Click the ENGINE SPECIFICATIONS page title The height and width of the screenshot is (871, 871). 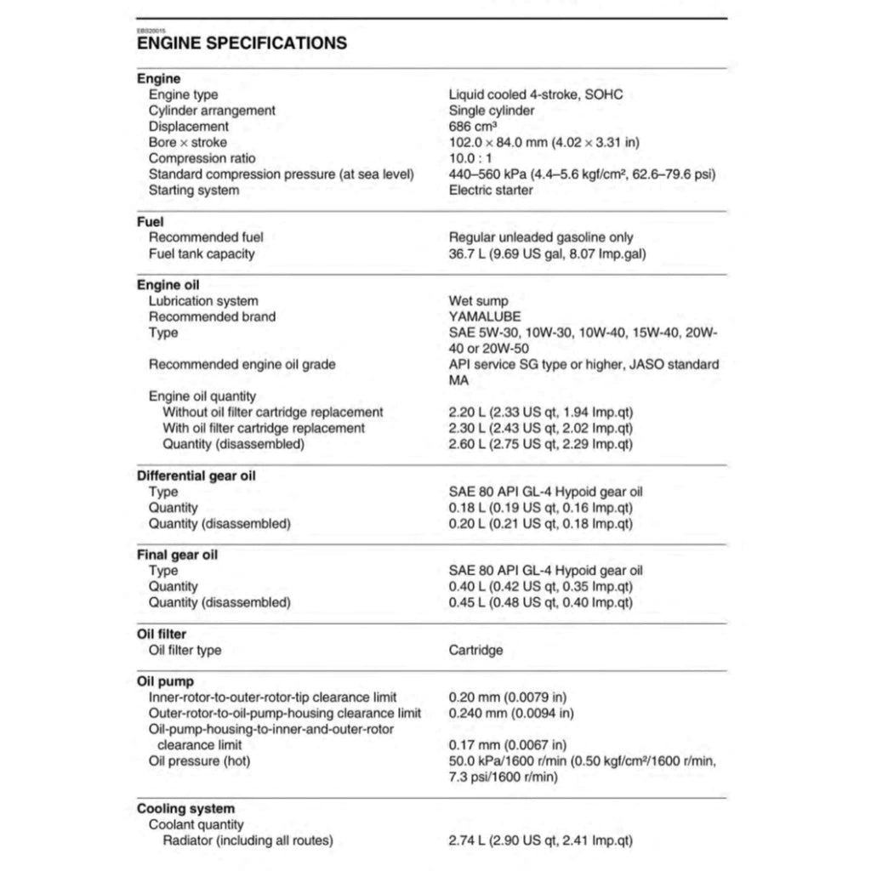[x=242, y=43]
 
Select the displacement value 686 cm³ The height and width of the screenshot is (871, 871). [x=473, y=127]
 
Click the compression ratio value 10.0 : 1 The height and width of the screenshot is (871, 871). [x=473, y=158]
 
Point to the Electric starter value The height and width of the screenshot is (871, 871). [x=491, y=190]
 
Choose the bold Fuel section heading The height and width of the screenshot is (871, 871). [x=150, y=222]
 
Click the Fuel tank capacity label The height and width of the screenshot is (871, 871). [x=202, y=253]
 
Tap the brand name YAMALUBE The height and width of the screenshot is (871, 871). [x=485, y=316]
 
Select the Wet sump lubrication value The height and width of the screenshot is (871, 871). [x=478, y=301]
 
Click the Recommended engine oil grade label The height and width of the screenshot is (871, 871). [x=242, y=364]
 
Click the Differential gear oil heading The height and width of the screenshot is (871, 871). [x=196, y=475]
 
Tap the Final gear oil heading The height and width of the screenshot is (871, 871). [x=178, y=555]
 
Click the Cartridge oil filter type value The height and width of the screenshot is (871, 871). [x=475, y=651]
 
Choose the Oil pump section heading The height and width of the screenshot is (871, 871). [x=165, y=681]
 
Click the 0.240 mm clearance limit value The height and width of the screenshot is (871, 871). [x=511, y=713]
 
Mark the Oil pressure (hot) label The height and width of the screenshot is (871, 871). [x=199, y=760]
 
